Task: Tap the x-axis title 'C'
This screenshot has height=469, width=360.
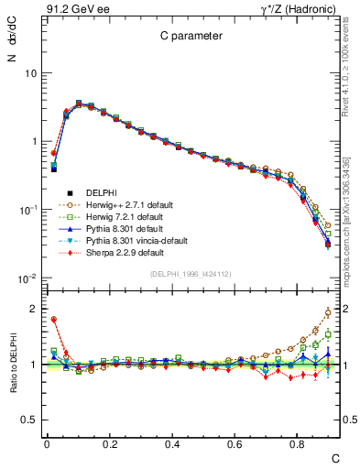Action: (x=335, y=458)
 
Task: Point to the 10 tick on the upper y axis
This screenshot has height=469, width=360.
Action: (x=30, y=72)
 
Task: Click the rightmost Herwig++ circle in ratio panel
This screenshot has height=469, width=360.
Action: (x=328, y=312)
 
